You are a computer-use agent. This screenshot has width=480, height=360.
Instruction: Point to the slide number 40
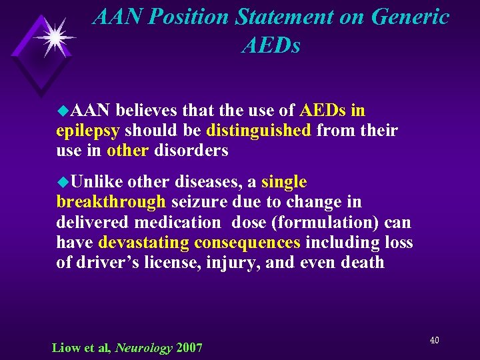point(434,341)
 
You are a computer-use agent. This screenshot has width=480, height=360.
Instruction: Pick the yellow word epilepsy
point(88,131)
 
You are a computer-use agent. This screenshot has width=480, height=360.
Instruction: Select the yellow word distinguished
point(259,130)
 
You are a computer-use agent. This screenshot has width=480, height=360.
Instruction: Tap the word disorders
point(191,151)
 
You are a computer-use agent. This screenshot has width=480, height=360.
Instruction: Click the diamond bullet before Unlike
point(63,181)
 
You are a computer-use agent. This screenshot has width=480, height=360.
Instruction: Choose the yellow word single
point(284,181)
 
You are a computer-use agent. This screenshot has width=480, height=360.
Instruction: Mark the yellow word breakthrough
point(111,201)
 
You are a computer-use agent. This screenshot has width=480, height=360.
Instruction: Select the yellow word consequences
point(247,242)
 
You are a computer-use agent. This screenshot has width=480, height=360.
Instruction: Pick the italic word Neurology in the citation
point(144,347)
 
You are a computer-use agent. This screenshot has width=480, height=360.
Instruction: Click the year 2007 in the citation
point(189,347)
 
